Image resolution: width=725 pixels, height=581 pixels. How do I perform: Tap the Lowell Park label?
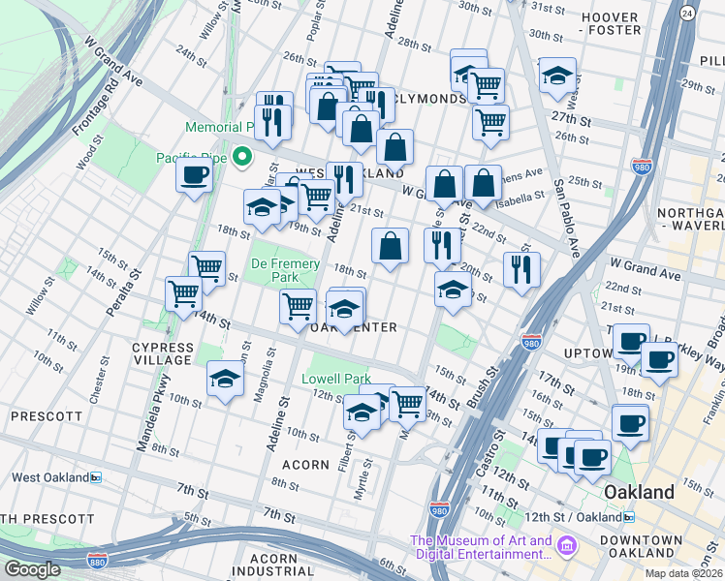click(x=336, y=379)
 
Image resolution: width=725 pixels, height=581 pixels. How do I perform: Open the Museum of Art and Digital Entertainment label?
click(x=481, y=547)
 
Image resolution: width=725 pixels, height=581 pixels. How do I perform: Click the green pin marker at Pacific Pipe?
click(x=241, y=156)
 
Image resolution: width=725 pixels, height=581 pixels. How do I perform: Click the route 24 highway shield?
click(x=687, y=13)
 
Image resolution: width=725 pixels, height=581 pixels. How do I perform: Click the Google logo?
click(x=33, y=568)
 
